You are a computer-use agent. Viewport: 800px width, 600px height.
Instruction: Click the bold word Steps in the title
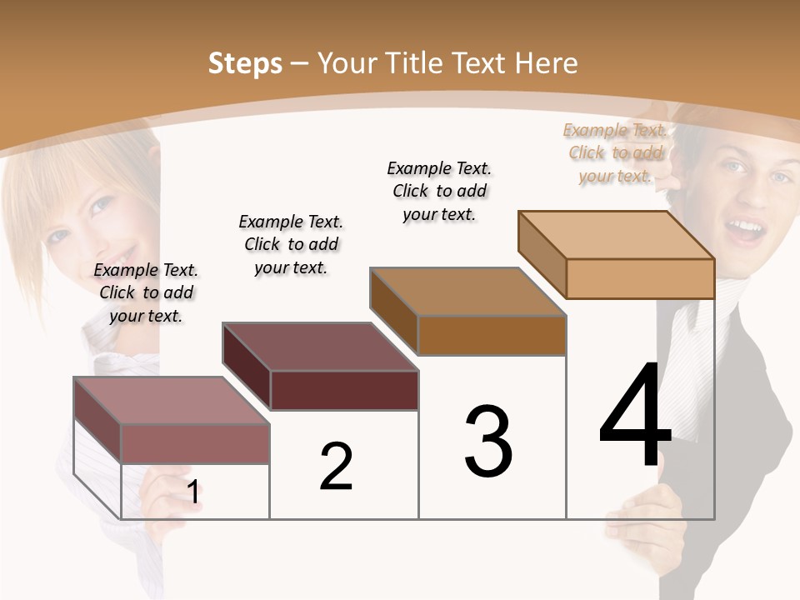[x=245, y=63]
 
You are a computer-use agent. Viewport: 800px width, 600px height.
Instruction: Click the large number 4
[x=635, y=416]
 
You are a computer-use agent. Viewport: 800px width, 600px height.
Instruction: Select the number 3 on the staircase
[x=488, y=441]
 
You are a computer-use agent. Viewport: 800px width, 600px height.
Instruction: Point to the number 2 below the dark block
[x=336, y=467]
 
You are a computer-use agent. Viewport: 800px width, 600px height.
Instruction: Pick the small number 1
[x=192, y=492]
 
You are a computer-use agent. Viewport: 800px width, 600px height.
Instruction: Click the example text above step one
[x=146, y=292]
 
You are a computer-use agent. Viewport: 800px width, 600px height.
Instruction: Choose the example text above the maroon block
[x=291, y=244]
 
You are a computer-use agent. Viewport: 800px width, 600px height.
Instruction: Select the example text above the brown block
[x=439, y=191]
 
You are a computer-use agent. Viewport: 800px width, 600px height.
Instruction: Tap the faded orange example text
[x=615, y=152]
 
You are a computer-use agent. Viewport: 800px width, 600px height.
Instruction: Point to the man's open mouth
[x=747, y=228]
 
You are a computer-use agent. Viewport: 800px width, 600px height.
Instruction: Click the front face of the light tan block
[x=640, y=278]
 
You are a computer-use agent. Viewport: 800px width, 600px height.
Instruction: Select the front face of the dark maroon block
[x=344, y=390]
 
